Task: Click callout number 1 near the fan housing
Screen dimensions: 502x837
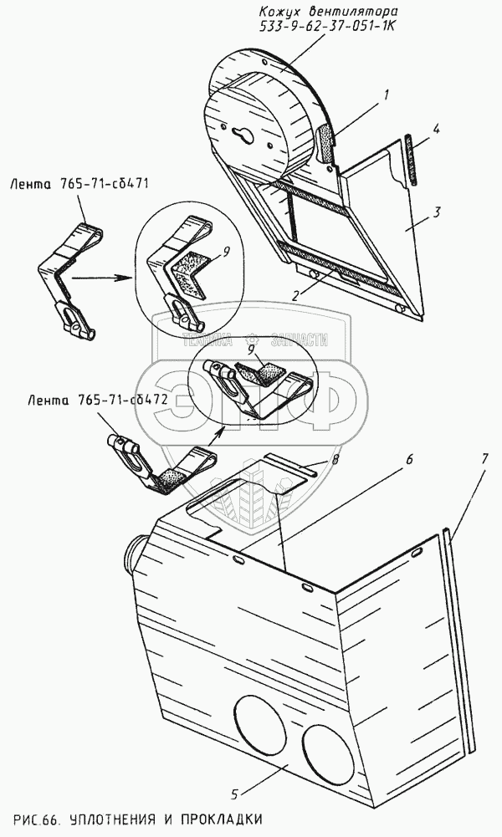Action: [x=386, y=95]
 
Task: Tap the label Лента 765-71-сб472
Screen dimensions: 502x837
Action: [x=88, y=401]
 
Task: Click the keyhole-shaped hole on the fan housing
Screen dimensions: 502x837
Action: [x=243, y=135]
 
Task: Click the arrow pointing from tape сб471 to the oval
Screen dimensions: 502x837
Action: [x=101, y=278]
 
